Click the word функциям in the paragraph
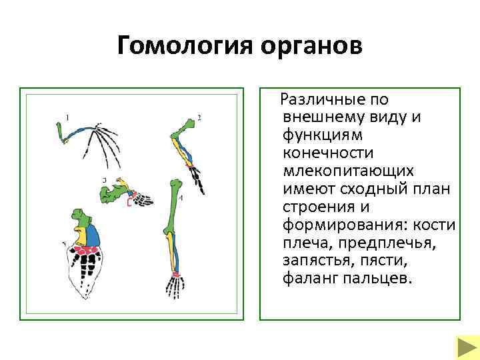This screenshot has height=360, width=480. pos(322,135)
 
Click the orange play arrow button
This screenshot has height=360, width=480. pos(464,347)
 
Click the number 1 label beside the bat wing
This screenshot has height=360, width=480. pos(67,117)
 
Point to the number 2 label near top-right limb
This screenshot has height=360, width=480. pos(199,118)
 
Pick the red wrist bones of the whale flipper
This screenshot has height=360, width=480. pos(87,251)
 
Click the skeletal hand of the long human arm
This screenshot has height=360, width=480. pos(175,287)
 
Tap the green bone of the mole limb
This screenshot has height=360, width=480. pos(109,194)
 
